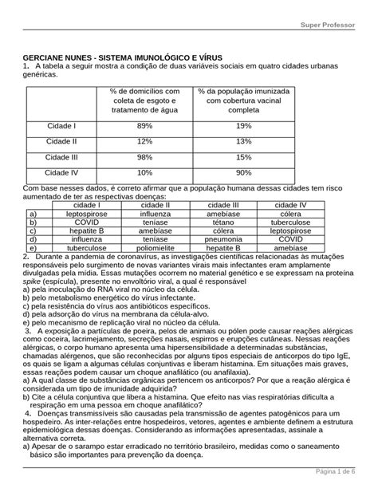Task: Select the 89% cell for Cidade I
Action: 144,126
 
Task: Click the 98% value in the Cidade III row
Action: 144,156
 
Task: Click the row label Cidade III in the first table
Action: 61,156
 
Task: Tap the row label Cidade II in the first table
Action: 61,141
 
